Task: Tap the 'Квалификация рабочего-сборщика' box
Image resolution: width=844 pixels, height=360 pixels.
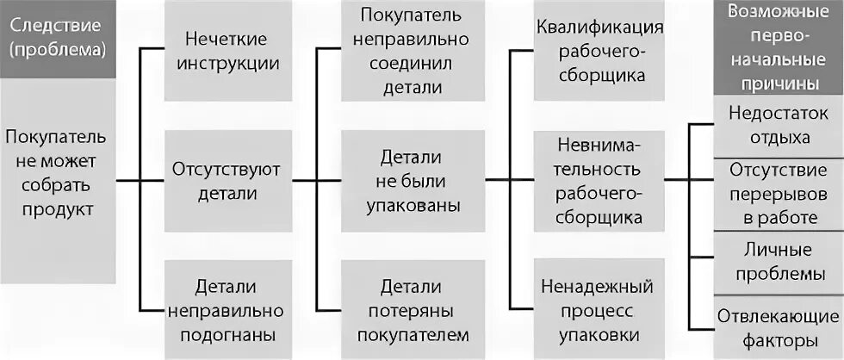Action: (599, 51)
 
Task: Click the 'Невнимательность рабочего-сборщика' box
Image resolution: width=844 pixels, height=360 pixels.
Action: (599, 180)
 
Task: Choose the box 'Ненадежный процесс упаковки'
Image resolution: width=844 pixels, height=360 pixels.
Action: (599, 309)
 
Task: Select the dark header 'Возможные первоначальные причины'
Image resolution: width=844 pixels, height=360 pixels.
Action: (773, 48)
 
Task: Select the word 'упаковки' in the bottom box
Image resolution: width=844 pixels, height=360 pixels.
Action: (599, 333)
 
